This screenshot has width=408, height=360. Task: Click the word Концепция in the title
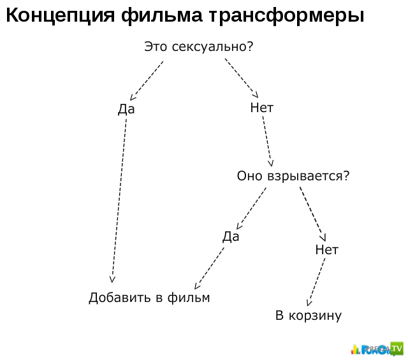60,15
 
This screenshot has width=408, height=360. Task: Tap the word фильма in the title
161,16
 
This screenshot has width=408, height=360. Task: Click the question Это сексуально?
198,47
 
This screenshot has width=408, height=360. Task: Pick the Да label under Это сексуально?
126,109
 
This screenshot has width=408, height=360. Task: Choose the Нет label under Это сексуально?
261,108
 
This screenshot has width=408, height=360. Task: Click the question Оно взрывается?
293,176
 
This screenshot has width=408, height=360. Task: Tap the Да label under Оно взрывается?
231,236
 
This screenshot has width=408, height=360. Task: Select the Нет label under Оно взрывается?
326,250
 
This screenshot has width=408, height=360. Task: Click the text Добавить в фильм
149,298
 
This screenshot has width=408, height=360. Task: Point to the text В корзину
309,316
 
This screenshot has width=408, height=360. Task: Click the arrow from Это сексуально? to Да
147,81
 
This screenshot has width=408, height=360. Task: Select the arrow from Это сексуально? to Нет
242,78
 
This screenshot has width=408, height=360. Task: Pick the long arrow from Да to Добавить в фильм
119,201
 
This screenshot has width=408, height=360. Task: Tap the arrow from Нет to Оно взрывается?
268,141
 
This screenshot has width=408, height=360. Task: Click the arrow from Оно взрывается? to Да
251,208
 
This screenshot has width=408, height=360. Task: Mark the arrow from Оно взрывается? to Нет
313,214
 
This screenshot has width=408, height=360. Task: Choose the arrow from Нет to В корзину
316,282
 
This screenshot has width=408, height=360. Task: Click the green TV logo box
397,349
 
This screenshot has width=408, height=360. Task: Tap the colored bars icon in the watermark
356,349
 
